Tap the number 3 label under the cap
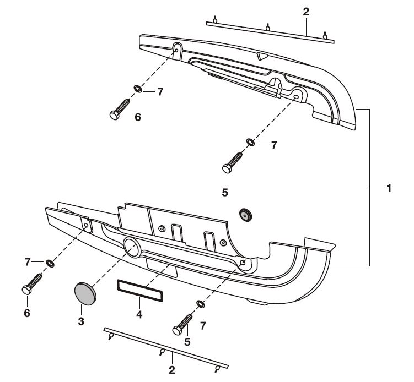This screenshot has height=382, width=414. coord(81,321)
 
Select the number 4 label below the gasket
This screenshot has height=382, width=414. coord(139,315)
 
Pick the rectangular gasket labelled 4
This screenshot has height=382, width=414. coord(140,291)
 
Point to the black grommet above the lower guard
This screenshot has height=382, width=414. coord(245,215)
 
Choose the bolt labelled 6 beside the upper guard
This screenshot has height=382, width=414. coord(120,108)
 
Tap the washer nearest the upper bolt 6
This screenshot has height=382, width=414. coord(137,89)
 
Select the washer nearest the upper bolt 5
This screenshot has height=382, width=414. coord(251,143)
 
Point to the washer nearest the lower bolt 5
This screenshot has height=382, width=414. coord(200,304)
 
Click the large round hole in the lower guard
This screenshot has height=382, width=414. coord(132,248)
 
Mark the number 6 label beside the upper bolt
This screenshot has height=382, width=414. coord(137,117)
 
